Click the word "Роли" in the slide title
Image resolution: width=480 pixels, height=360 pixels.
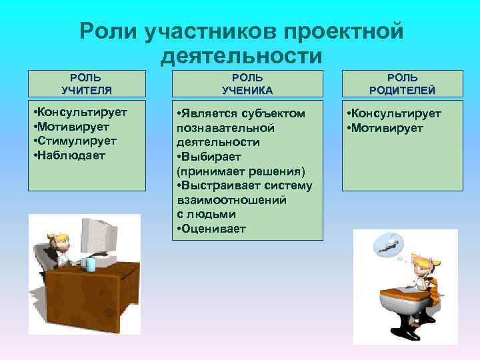click(x=107, y=31)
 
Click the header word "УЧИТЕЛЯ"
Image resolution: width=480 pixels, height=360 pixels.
click(x=87, y=89)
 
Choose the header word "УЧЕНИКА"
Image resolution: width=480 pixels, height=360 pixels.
click(x=247, y=89)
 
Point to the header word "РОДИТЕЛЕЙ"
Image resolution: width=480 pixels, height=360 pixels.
click(x=402, y=89)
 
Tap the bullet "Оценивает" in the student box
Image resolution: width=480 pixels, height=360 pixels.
click(x=212, y=229)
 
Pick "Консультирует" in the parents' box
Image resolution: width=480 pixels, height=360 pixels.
click(x=395, y=113)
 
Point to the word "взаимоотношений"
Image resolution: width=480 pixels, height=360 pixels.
click(x=231, y=199)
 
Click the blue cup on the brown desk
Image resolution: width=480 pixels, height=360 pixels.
click(x=90, y=264)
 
